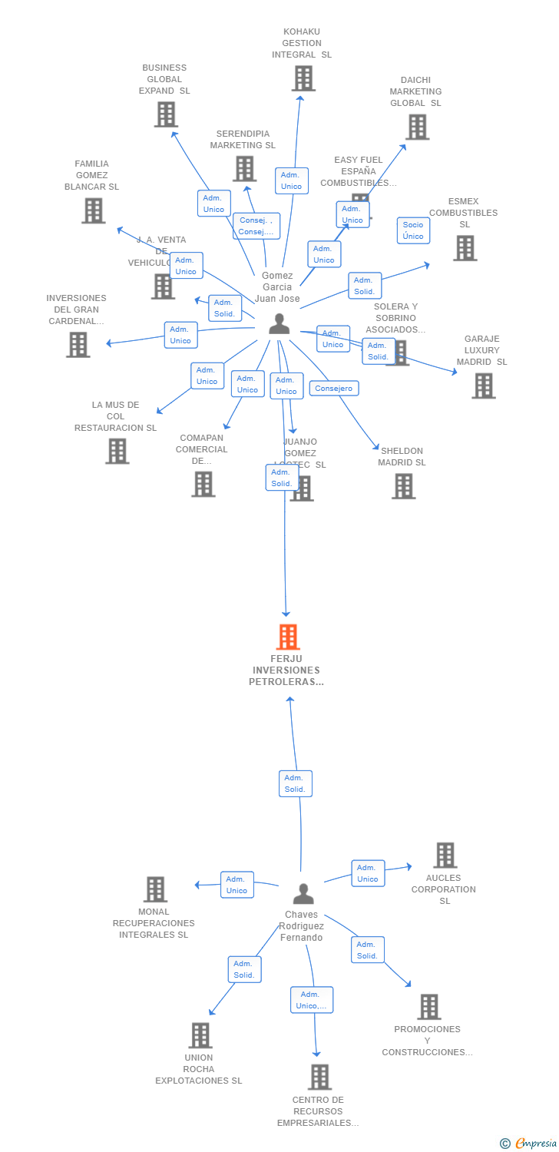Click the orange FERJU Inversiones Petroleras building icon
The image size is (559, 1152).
287,637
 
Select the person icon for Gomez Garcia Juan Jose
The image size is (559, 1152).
279,324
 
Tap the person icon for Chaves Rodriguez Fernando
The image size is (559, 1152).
303,894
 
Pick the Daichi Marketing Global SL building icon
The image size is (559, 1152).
417,127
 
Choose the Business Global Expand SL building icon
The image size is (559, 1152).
166,114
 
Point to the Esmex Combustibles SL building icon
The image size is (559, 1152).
465,248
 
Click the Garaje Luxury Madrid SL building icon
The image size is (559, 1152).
483,386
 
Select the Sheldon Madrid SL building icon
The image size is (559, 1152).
403,486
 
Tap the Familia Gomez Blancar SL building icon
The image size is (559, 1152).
94,210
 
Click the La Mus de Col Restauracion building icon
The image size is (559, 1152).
117,451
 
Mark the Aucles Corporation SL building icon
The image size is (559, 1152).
445,855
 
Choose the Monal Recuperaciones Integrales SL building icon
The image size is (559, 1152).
155,889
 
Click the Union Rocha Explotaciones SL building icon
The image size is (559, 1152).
200,1035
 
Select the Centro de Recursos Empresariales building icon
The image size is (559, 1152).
319,1077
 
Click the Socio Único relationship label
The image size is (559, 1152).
413,230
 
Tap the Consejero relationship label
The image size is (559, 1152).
334,389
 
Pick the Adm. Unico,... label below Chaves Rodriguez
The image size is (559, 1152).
312,1000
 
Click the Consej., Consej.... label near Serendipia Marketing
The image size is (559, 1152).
256,226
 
